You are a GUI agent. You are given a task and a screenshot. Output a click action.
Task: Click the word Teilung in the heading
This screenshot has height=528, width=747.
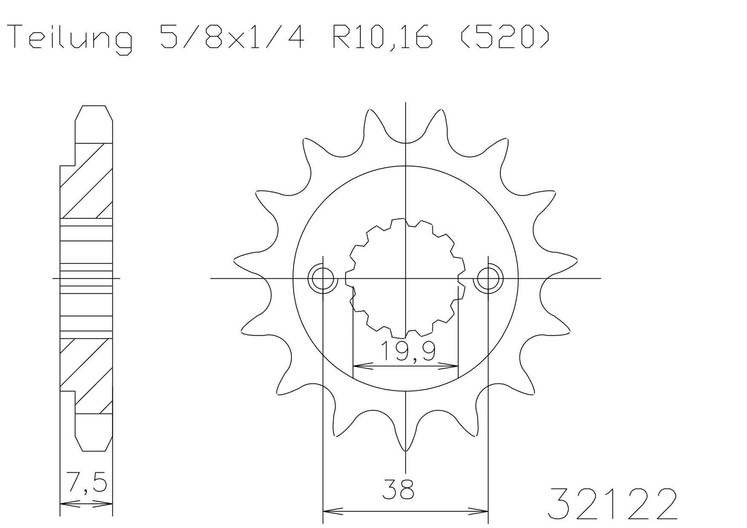tap(72, 39)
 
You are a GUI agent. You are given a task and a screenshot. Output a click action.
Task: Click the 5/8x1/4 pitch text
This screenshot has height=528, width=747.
tap(232, 37)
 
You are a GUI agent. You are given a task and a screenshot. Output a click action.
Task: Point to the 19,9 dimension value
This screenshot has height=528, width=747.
tap(408, 351)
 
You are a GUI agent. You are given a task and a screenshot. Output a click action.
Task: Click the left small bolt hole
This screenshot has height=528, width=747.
tap(322, 278)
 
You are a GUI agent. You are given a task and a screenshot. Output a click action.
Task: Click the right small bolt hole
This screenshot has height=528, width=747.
tap(488, 278)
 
